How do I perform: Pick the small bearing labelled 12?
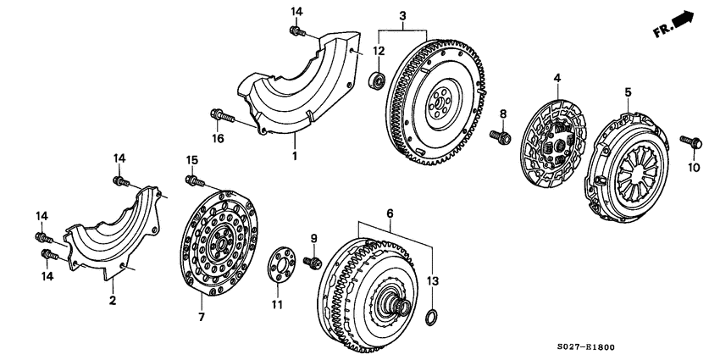point(379,80)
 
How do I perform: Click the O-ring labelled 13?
point(430,318)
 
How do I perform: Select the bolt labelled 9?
point(311,263)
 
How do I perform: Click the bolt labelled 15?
point(196,180)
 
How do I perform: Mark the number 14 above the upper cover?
point(296,11)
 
